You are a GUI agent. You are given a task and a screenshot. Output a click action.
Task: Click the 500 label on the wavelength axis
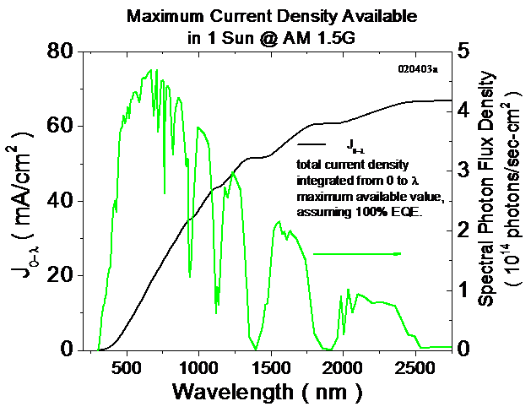coord(126,368)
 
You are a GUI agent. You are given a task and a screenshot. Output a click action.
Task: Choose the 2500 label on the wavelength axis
coord(415,368)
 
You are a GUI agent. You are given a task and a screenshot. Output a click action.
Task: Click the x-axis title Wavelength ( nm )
coord(268,393)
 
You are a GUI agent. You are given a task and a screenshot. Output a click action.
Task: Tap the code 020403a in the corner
coord(419,70)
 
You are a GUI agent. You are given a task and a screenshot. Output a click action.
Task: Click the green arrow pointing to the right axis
coord(357,253)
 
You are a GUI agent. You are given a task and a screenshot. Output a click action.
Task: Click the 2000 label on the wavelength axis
coord(342,368)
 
